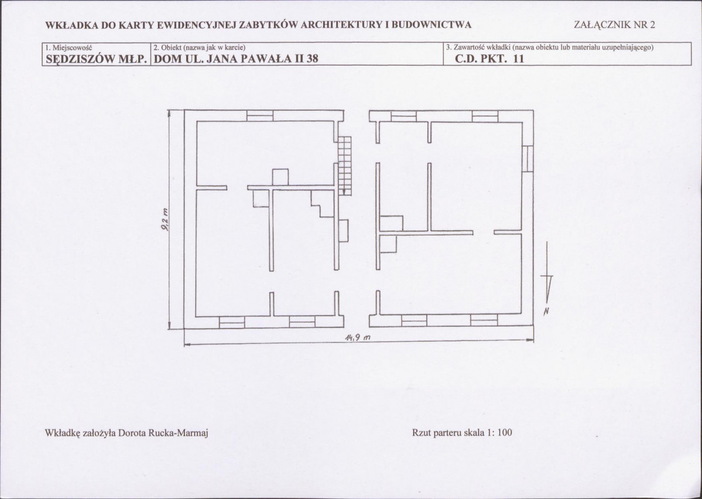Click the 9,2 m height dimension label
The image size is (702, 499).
click(x=165, y=220)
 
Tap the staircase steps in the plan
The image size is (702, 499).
click(x=344, y=165)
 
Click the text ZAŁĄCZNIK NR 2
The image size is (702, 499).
click(x=614, y=25)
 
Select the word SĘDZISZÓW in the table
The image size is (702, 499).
click(x=82, y=59)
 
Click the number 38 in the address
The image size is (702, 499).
click(x=312, y=58)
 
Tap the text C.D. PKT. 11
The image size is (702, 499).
click(x=489, y=58)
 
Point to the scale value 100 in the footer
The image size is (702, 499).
click(x=505, y=432)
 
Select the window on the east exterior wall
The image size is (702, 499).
click(x=528, y=159)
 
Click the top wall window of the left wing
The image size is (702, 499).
click(x=260, y=115)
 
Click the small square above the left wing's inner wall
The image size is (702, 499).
click(x=280, y=176)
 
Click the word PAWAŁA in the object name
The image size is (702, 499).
click(x=265, y=58)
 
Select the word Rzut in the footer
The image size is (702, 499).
click(x=421, y=432)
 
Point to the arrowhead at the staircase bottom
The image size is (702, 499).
click(x=344, y=192)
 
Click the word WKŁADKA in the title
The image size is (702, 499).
click(x=72, y=25)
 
